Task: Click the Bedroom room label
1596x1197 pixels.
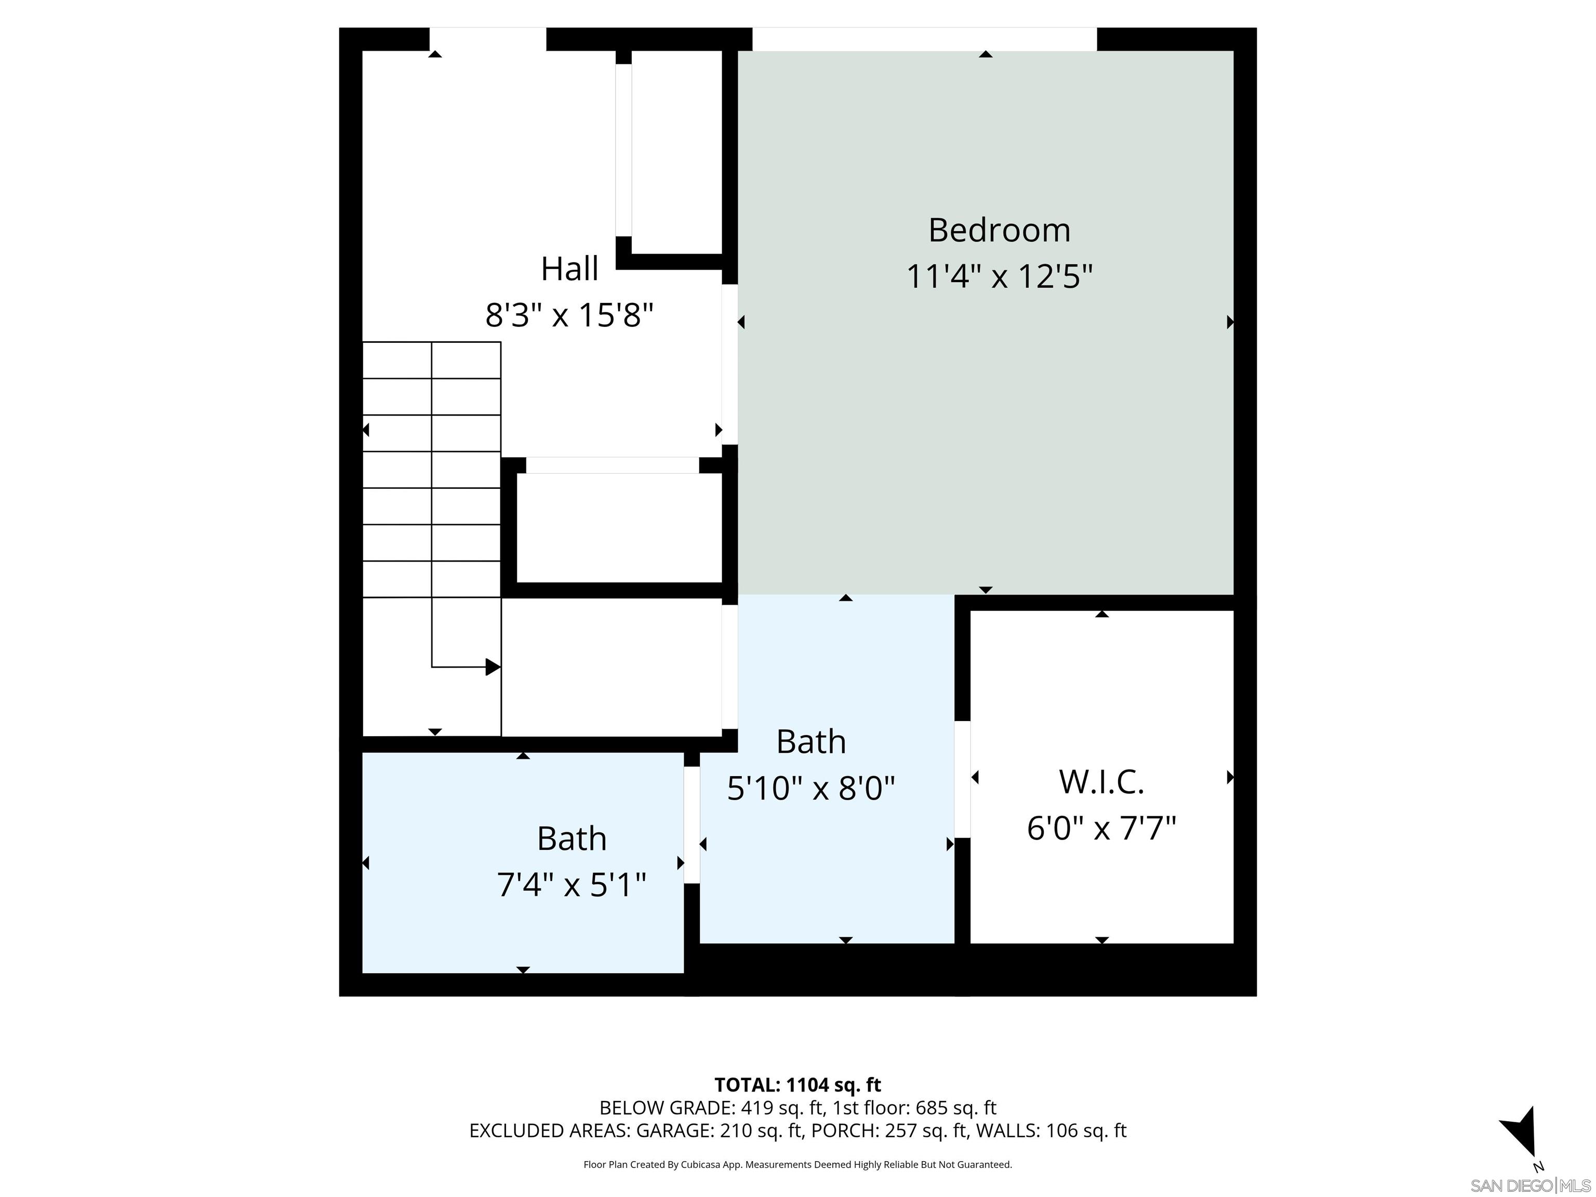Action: click(999, 230)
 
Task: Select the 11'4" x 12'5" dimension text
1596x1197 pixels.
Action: click(999, 276)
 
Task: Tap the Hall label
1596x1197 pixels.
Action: click(569, 269)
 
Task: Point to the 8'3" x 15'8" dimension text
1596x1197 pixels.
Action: click(569, 315)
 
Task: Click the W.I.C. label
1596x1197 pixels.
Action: click(1101, 782)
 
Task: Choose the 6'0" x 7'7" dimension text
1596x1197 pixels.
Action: click(1101, 828)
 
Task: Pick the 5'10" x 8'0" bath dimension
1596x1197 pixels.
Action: click(810, 789)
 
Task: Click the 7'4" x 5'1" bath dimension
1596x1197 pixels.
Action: click(571, 885)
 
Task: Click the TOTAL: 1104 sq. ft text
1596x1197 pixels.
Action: click(797, 1085)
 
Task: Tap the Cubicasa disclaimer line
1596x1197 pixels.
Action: click(797, 1165)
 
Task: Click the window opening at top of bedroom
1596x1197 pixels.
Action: click(924, 39)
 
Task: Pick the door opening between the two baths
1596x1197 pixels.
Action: click(691, 824)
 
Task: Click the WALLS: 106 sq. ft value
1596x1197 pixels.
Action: click(1050, 1130)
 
